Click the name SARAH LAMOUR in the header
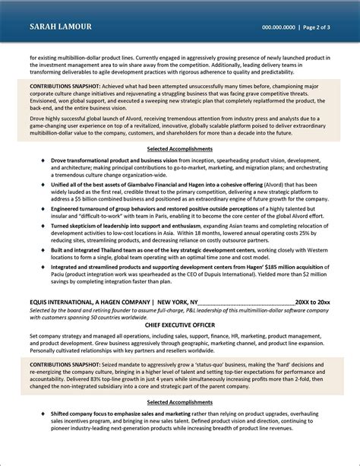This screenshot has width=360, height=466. [x=60, y=27]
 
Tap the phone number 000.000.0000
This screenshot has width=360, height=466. [x=279, y=27]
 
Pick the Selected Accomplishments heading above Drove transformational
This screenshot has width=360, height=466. [x=180, y=149]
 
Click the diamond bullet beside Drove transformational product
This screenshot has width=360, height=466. [x=43, y=162]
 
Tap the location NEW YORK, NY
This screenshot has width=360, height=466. [x=180, y=302]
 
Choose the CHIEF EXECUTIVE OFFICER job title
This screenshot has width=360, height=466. [x=180, y=325]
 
